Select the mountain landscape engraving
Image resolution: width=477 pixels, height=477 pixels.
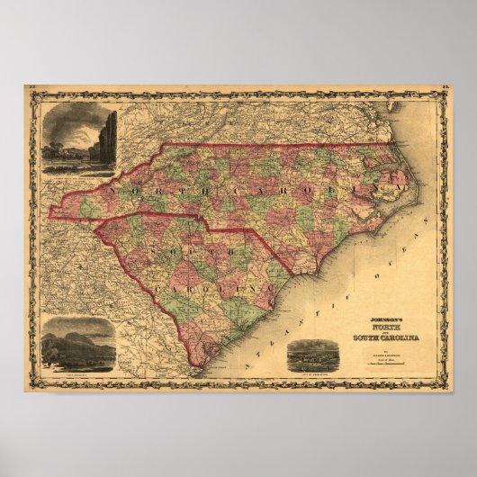click(x=77, y=345)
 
